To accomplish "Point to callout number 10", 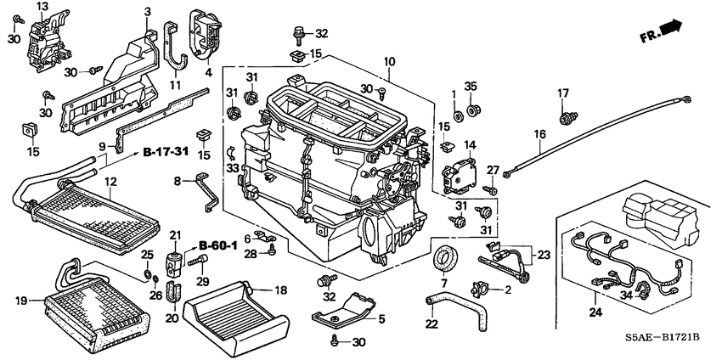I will [389, 62].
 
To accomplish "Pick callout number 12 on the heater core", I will [110, 181].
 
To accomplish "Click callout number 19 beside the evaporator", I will [22, 299].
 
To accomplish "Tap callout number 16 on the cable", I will [539, 134].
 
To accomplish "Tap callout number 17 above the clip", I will [562, 93].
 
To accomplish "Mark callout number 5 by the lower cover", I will [381, 319].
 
